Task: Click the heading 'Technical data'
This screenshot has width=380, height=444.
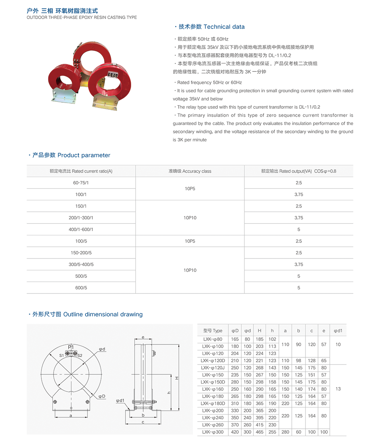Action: point(224,27)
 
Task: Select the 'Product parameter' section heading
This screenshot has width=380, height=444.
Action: point(84,155)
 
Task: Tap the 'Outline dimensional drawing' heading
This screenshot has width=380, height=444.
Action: point(103,314)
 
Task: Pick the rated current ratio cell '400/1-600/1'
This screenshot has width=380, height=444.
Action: point(81,230)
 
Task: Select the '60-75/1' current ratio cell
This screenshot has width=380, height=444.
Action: point(81,183)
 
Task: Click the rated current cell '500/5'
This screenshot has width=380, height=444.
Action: point(81,276)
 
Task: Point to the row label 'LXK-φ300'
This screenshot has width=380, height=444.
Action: point(213,432)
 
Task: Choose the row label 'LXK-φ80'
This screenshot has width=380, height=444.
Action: point(213,339)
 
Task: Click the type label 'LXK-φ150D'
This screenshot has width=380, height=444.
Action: point(213,382)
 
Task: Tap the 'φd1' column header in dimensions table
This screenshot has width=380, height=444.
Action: point(338,331)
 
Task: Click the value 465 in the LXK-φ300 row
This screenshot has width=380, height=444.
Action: point(260,432)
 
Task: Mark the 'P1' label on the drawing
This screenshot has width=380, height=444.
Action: point(71,347)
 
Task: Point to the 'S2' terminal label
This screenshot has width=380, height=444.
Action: point(80,355)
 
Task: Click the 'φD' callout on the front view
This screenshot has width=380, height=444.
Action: point(101,396)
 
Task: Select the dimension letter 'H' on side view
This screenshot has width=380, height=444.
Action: point(177,378)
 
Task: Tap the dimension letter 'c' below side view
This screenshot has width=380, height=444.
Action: point(142,422)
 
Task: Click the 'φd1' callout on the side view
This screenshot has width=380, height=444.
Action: point(120,400)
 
